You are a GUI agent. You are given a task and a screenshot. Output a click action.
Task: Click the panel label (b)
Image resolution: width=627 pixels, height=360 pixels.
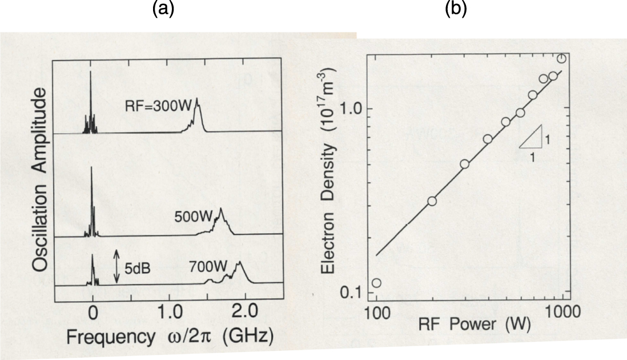pyautogui.click(x=455, y=10)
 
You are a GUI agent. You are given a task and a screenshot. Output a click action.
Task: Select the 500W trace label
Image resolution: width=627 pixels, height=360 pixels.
pyautogui.click(x=194, y=217)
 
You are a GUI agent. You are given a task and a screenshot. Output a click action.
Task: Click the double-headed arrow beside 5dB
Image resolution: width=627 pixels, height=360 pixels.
pyautogui.click(x=116, y=266)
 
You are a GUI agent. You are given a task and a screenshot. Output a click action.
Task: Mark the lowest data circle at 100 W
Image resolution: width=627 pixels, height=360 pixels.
pyautogui.click(x=376, y=283)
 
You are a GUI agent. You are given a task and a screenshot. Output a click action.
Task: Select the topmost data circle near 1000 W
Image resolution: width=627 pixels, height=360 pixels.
pyautogui.click(x=562, y=58)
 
